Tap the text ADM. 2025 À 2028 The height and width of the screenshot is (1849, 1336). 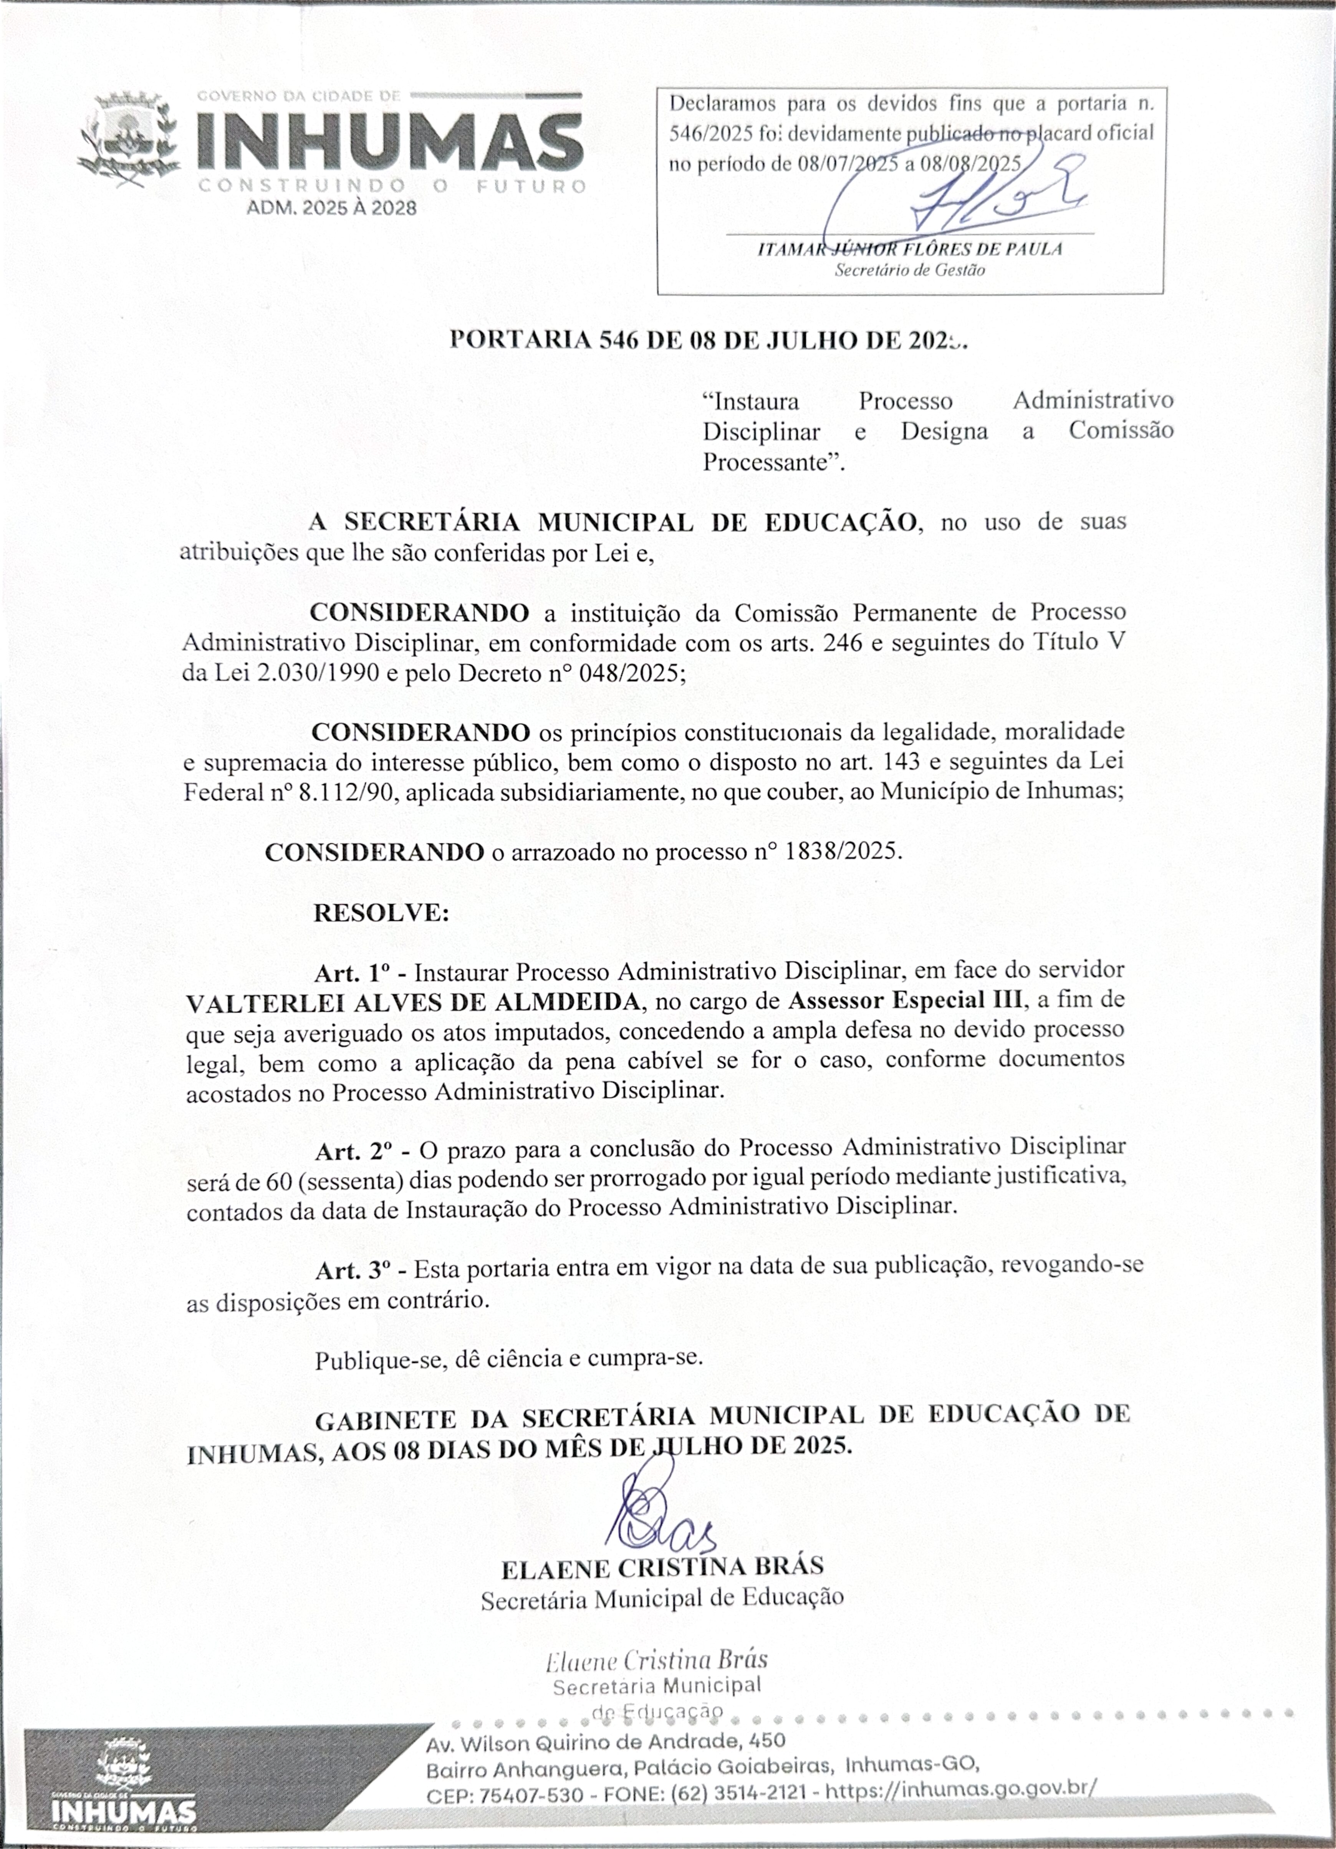point(331,208)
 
